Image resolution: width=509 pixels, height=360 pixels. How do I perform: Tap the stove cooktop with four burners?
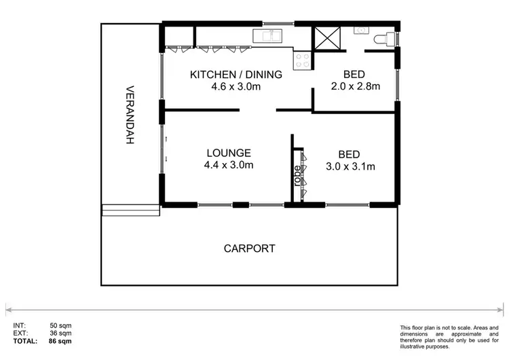point(301,60)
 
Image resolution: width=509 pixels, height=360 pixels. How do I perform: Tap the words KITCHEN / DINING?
point(226,74)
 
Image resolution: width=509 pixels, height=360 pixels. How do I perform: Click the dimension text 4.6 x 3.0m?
point(226,86)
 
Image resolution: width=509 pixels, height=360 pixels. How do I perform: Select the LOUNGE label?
point(229,153)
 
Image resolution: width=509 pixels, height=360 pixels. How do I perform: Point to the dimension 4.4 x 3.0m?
point(229,165)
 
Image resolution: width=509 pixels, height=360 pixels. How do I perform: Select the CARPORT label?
point(250,249)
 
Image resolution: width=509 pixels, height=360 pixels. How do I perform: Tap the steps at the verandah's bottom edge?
point(130,210)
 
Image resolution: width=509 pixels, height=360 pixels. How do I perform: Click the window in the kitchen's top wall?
point(274,24)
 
